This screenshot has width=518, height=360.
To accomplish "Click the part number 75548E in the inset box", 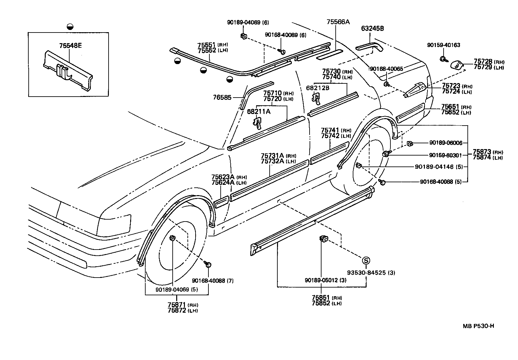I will pos(70,45).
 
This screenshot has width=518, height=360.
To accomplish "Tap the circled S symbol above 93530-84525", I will pos(366,261).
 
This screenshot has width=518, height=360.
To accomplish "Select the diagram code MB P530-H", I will pos(478,326).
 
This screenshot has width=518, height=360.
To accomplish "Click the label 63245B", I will pos(372,28).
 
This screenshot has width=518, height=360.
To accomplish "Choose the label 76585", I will pos(222,97).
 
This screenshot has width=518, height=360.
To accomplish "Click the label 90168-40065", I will pos(387,69).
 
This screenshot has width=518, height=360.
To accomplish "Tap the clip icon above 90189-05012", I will pos(323,239).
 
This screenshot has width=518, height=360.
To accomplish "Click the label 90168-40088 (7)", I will pos(213,280).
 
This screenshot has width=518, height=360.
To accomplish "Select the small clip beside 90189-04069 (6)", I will pos(244,36).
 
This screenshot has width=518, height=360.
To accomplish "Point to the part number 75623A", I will pos(223,177).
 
